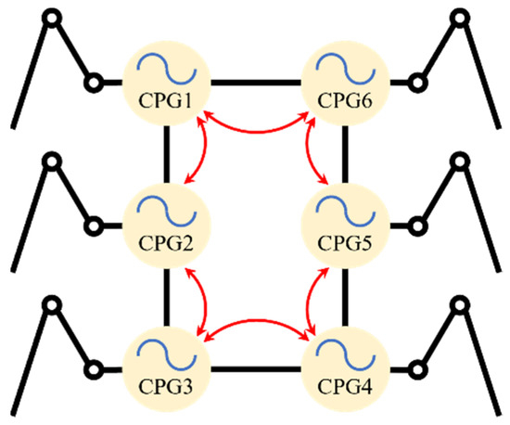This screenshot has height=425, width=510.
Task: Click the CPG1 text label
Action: point(168,98)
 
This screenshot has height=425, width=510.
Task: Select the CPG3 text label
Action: point(168,382)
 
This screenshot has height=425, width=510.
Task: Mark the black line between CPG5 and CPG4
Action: point(346,295)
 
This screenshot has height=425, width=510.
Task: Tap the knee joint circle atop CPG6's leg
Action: point(461,17)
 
